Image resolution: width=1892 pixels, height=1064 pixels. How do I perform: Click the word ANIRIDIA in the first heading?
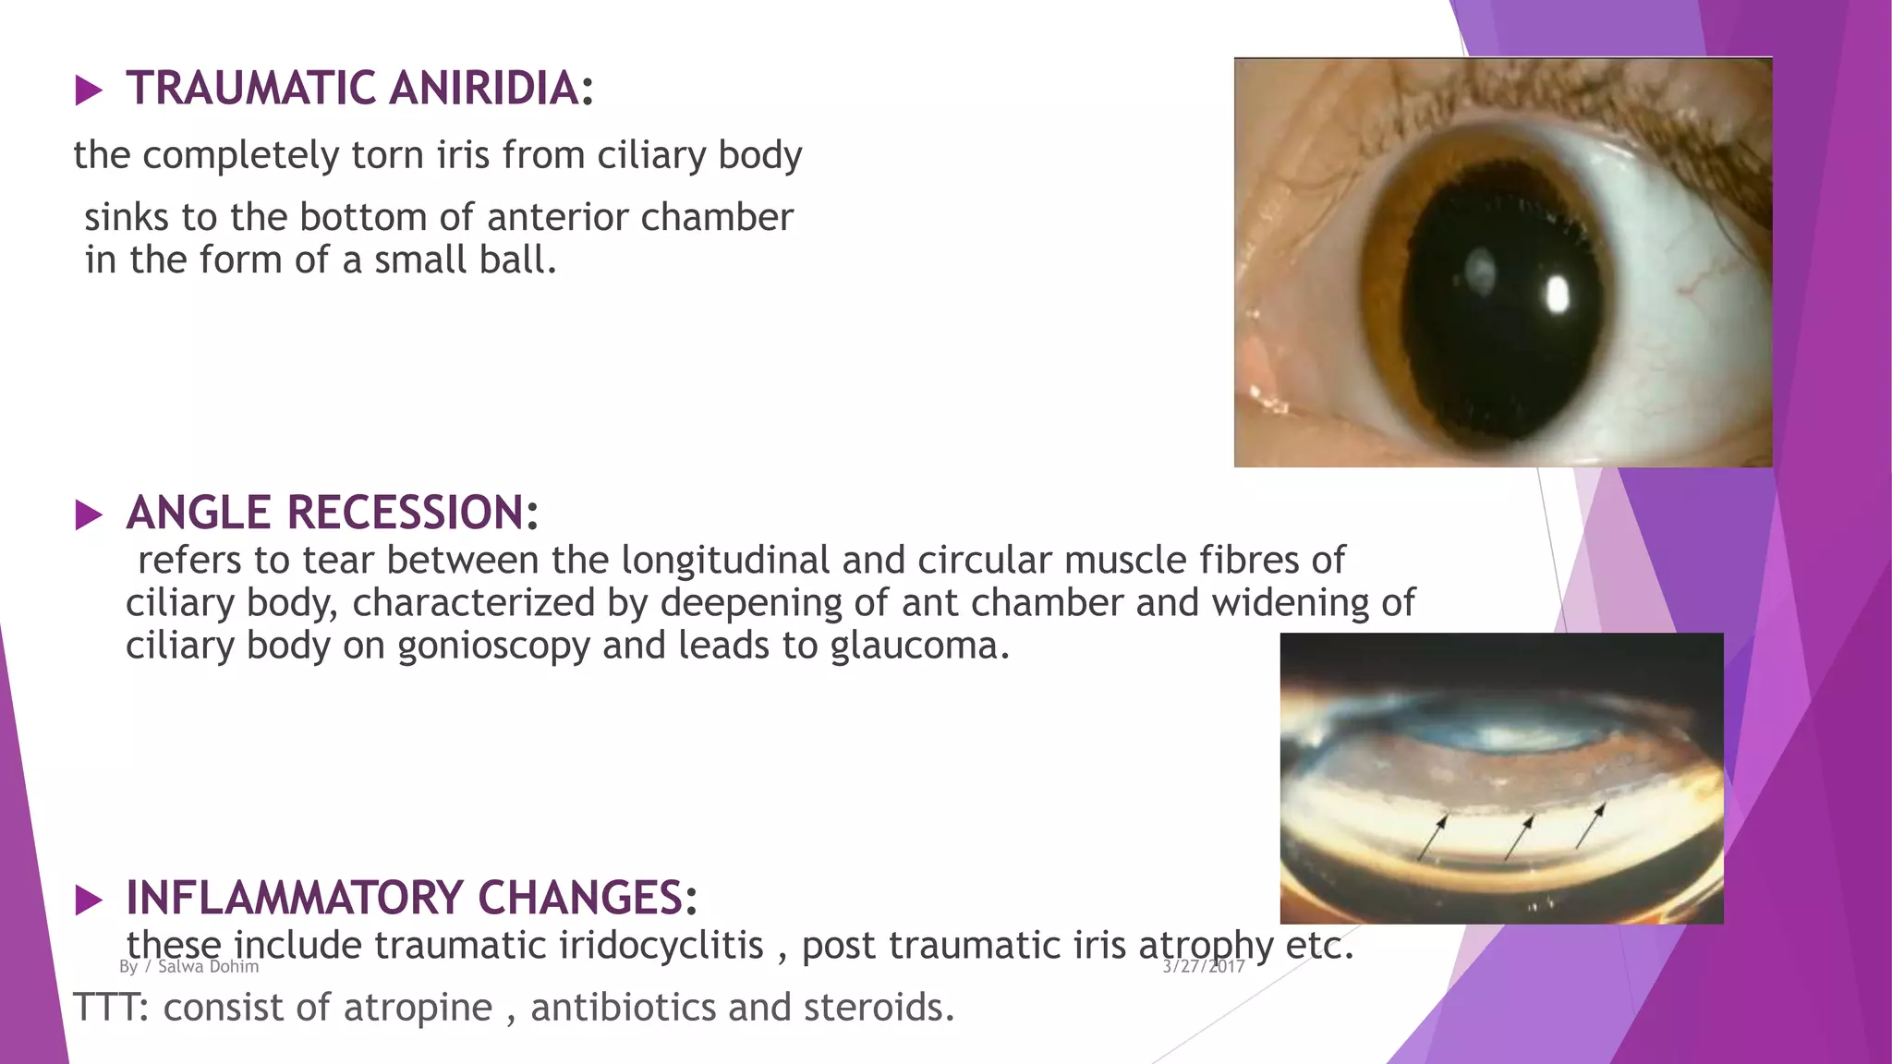click(485, 89)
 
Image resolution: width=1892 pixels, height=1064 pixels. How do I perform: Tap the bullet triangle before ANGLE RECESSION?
click(89, 514)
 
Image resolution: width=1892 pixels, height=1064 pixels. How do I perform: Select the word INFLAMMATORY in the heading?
click(296, 898)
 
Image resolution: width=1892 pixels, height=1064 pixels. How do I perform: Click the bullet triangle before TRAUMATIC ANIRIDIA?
click(89, 91)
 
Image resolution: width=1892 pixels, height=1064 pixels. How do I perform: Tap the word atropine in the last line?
click(419, 1008)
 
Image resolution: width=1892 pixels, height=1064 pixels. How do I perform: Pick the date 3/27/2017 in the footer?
click(1203, 966)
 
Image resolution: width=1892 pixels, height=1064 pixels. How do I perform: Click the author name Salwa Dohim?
click(208, 966)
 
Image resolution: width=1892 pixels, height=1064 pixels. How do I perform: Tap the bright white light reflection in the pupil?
click(1558, 296)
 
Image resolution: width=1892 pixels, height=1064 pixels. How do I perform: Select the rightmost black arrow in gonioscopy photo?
click(1591, 825)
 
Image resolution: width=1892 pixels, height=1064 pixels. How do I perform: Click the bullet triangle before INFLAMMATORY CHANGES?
click(89, 900)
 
